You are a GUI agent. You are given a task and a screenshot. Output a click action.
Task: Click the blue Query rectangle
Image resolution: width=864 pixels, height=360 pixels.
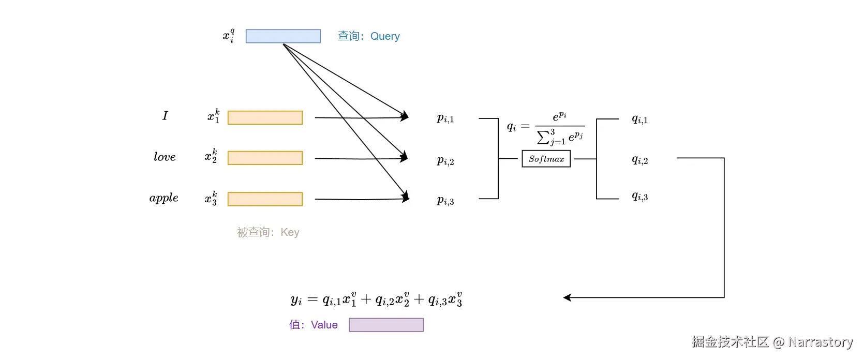point(283,36)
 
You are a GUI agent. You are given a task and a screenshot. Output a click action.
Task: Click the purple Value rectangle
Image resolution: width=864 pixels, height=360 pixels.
point(386,325)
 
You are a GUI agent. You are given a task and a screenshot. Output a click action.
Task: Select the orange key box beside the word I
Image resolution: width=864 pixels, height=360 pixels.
point(265,117)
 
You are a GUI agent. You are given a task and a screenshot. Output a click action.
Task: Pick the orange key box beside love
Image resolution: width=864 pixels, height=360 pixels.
point(265,158)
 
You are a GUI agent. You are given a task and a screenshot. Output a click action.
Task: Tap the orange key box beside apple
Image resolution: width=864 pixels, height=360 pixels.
point(265,199)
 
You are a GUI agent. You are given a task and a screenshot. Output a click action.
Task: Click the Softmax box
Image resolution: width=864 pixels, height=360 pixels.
point(546,159)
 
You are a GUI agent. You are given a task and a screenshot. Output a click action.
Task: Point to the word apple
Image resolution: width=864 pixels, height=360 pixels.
point(163,198)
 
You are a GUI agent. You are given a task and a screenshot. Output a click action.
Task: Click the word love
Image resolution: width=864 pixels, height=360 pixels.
point(165,157)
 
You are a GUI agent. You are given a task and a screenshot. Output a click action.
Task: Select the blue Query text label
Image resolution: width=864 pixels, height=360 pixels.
point(368,36)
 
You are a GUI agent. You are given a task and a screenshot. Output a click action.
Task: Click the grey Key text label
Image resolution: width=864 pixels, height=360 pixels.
point(268,232)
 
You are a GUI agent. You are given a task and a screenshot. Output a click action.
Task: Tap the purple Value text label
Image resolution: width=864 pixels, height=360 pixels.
point(313,325)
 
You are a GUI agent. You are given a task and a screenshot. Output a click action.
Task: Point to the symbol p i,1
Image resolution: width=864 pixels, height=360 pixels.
point(445,118)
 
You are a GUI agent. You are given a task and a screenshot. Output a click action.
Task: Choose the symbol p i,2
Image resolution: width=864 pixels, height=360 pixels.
point(445,161)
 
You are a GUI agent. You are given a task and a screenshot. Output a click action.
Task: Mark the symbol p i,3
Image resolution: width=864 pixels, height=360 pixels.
point(445,201)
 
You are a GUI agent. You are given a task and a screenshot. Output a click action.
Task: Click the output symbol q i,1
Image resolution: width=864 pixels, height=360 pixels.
point(639,119)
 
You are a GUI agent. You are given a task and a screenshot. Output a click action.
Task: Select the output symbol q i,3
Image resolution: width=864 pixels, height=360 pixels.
point(639,196)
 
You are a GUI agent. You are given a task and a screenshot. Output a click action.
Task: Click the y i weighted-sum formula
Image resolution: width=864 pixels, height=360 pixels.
point(376,299)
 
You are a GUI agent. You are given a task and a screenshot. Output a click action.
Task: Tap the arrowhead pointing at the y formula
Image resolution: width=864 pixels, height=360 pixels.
point(567,297)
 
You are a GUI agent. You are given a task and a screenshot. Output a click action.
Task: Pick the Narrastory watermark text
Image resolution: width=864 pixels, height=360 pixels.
point(772,342)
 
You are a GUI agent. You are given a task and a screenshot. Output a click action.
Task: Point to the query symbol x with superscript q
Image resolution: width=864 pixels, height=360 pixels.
point(229,36)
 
